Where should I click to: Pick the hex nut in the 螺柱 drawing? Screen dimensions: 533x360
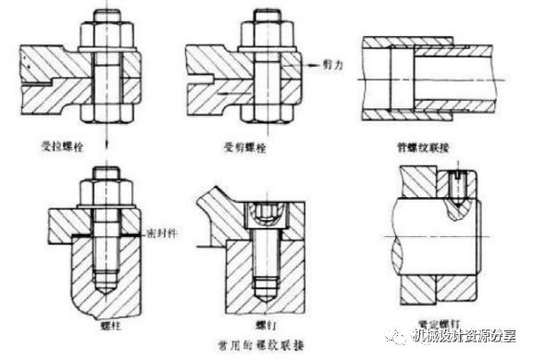(108, 195)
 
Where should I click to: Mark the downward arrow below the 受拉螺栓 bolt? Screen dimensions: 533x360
(105, 132)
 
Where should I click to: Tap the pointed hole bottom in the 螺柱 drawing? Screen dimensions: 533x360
(107, 294)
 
